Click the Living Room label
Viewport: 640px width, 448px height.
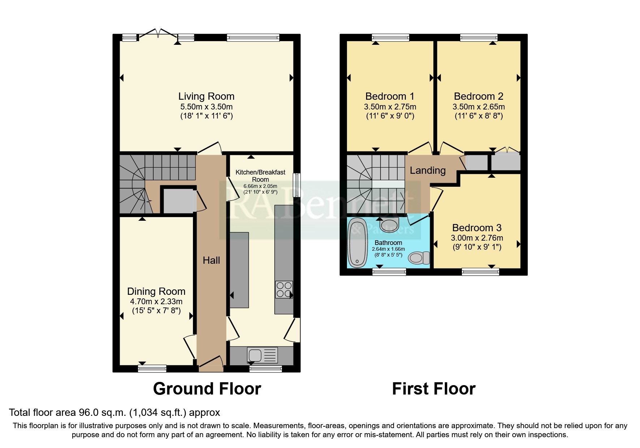point(206,96)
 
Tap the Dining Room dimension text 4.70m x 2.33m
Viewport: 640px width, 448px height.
point(156,301)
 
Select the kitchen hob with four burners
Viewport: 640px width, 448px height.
point(284,290)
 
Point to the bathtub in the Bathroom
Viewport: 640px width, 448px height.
point(357,242)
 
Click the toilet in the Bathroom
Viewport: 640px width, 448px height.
point(419,258)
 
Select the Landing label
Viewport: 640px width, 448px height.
point(428,171)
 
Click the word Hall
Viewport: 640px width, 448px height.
point(211,260)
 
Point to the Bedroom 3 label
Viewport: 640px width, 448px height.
point(477,228)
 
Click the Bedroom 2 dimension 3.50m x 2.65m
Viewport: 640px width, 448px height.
point(478,107)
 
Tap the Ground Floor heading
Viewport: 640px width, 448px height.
point(207,389)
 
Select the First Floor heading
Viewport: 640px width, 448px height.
point(434,389)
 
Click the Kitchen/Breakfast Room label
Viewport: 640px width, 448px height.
point(260,176)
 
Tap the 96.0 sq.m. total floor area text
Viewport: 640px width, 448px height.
point(114,413)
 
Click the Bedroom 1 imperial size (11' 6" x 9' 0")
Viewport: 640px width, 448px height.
point(390,116)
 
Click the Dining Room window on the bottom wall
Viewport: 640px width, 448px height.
point(152,369)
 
